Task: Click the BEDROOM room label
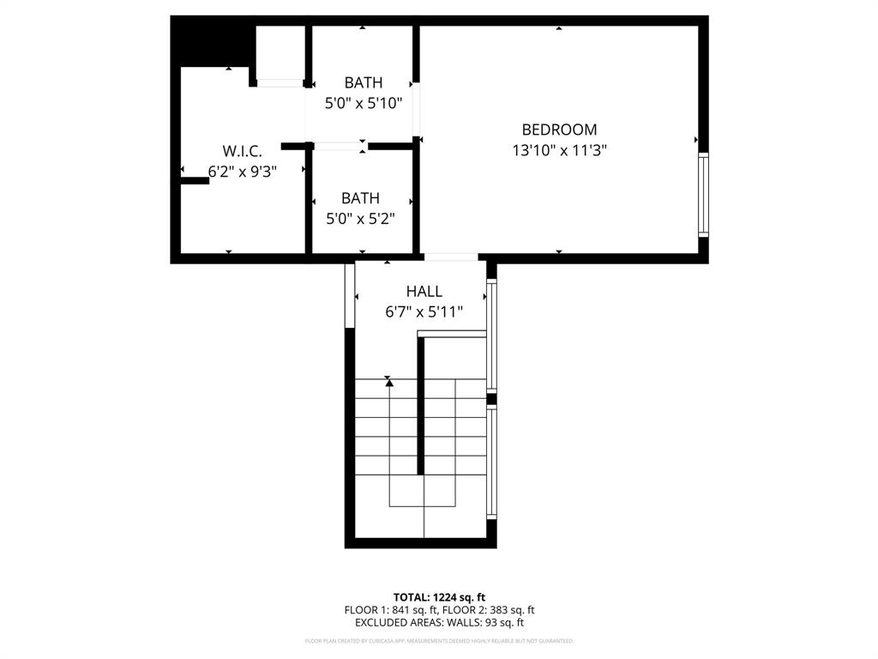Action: pyautogui.click(x=559, y=130)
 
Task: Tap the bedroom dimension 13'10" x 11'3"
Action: pyautogui.click(x=559, y=150)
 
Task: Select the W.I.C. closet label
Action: pyautogui.click(x=242, y=151)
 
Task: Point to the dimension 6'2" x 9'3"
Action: pyautogui.click(x=242, y=172)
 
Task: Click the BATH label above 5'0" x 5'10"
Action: pyautogui.click(x=364, y=83)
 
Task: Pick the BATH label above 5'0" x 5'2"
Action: pyautogui.click(x=360, y=198)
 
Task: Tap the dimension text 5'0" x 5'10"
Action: pyautogui.click(x=364, y=103)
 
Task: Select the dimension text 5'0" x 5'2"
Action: pyautogui.click(x=360, y=219)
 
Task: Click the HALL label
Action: pyautogui.click(x=424, y=292)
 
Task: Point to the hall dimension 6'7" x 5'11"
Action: pyautogui.click(x=424, y=312)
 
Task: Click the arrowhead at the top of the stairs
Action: pyautogui.click(x=389, y=382)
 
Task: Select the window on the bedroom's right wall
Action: pyautogui.click(x=703, y=194)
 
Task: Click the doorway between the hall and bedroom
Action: pyautogui.click(x=451, y=257)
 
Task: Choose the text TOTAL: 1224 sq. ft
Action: pyautogui.click(x=439, y=597)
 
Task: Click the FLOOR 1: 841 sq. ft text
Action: pyautogui.click(x=391, y=610)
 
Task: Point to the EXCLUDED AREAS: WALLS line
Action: pyautogui.click(x=439, y=623)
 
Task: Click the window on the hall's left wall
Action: pyautogui.click(x=350, y=295)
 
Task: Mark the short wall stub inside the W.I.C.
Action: pyautogui.click(x=195, y=180)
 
